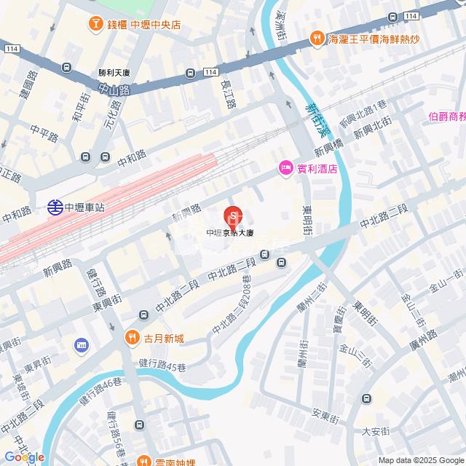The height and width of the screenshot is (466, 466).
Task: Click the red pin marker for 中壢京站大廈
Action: pyautogui.click(x=232, y=216)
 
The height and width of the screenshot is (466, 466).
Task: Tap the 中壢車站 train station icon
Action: pyautogui.click(x=55, y=207)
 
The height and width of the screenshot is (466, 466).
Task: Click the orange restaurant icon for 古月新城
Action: pyautogui.click(x=132, y=337)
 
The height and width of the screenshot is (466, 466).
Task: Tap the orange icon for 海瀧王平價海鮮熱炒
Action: pyautogui.click(x=316, y=39)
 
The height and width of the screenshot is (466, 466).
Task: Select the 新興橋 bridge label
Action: pyautogui.click(x=328, y=151)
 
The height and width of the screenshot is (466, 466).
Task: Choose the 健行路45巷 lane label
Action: pyautogui.click(x=161, y=363)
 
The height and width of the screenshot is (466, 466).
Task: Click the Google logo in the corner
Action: pyautogui.click(x=23, y=457)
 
